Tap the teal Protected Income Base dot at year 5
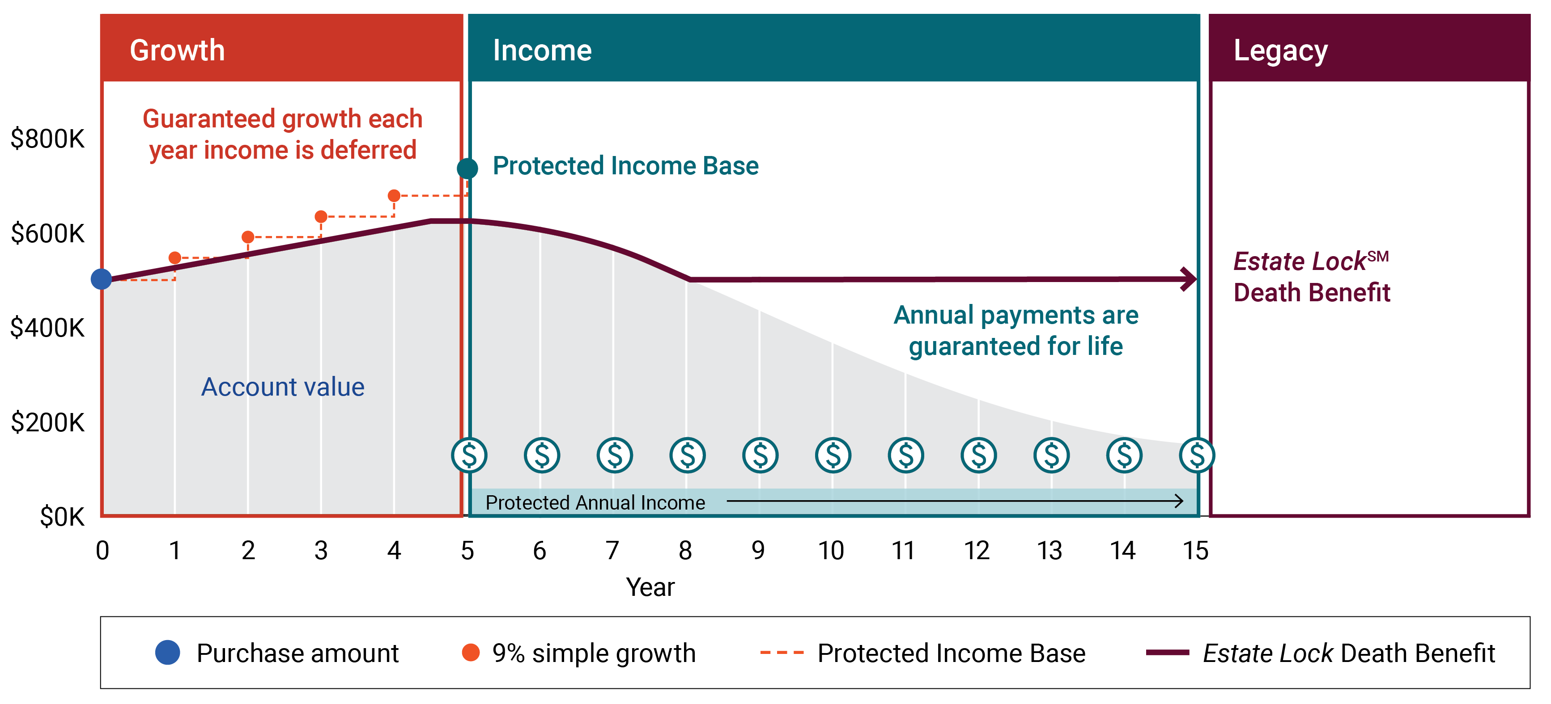467,169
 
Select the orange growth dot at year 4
394,196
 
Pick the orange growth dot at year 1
174,257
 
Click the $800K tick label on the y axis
47,139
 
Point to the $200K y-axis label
47,422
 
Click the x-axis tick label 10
831,551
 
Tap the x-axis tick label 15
1195,551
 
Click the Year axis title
650,586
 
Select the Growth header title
177,50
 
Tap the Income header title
542,50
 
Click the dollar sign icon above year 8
687,455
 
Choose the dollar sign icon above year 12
978,455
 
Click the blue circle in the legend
167,652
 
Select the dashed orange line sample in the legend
782,652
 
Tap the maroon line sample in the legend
1167,652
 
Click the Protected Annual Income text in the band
595,502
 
